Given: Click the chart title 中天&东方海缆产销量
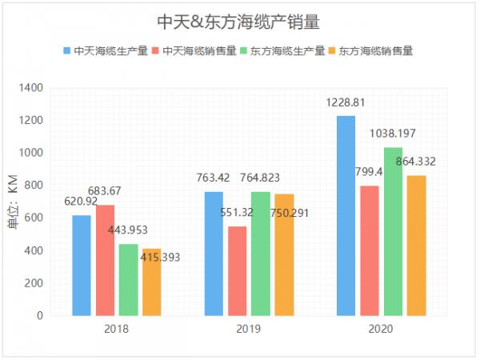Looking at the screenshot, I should tap(239, 20).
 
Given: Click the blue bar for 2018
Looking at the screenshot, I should tap(82, 266).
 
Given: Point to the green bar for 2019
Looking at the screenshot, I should tap(261, 254).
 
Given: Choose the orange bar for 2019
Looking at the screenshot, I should tap(284, 255).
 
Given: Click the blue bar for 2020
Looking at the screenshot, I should tap(346, 216).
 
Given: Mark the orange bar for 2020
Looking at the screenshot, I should tap(416, 246).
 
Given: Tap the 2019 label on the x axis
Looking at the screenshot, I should tap(249, 328).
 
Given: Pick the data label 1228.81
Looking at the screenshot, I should tap(346, 102).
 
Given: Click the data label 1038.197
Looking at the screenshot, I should tap(392, 134).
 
